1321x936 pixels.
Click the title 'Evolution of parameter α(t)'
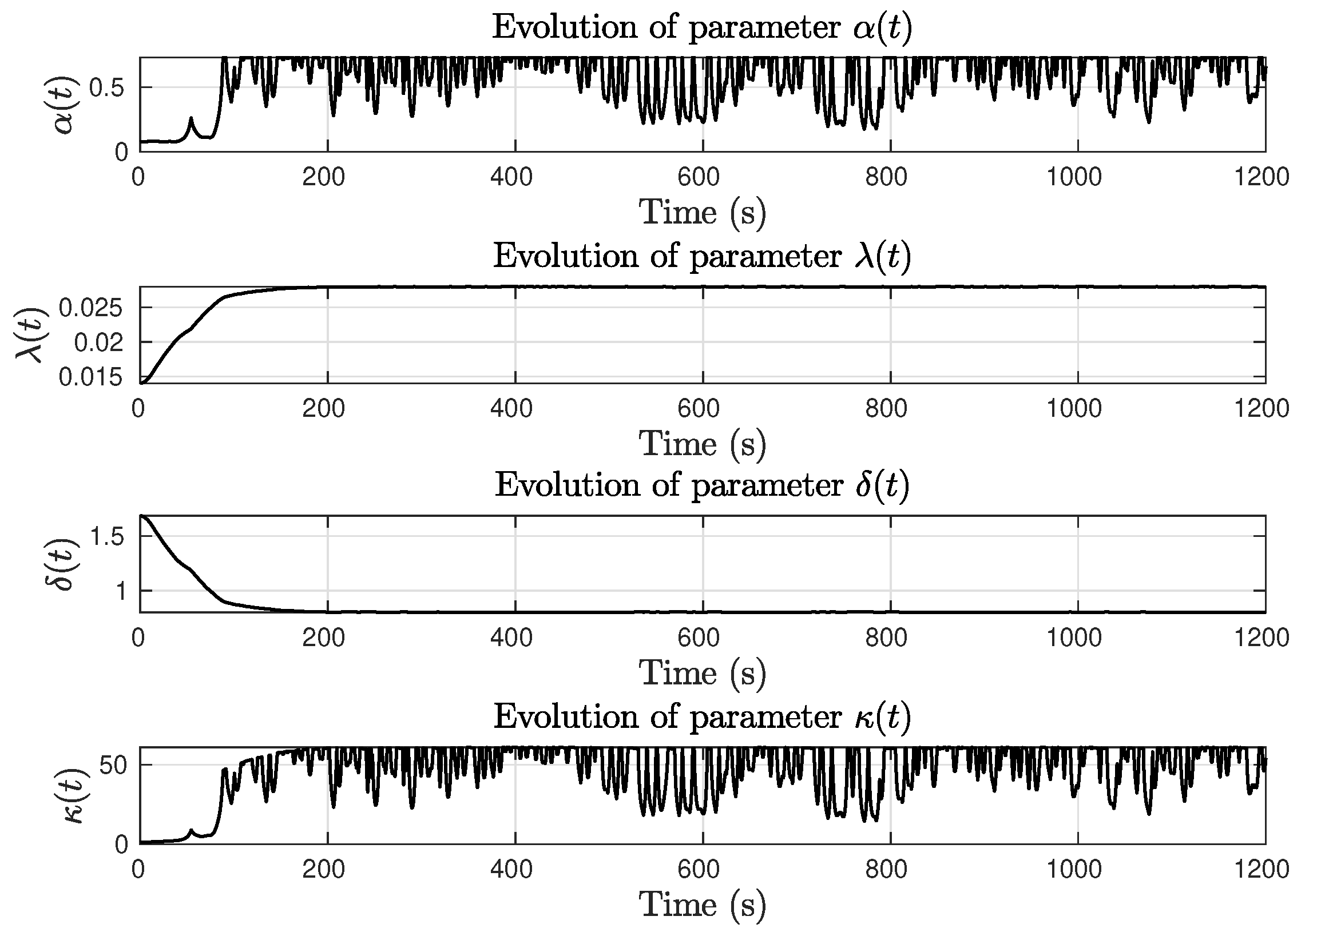tap(702, 27)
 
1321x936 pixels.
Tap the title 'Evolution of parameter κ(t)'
tap(702, 716)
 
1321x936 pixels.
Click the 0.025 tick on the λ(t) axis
tap(90, 308)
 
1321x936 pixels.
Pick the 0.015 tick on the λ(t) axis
tap(90, 377)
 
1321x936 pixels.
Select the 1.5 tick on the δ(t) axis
tap(108, 537)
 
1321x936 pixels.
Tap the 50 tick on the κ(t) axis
tap(114, 766)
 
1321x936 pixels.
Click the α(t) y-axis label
tap(65, 105)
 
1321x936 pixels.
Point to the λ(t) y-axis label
tap(30, 334)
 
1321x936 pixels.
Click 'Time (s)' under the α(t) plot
tap(703, 212)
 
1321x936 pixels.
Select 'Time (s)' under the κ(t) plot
tap(703, 904)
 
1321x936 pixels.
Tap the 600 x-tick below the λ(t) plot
tap(699, 409)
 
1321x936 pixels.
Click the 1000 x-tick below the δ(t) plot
tap(1074, 638)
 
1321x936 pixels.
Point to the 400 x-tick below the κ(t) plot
tap(511, 869)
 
